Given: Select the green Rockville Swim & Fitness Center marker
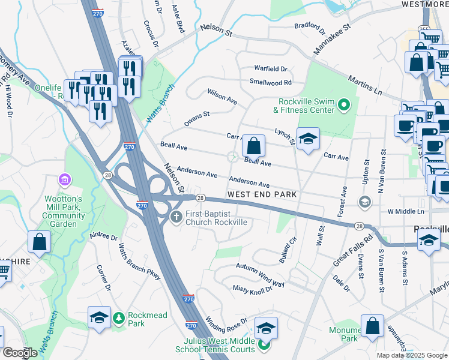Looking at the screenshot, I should click(x=344, y=106).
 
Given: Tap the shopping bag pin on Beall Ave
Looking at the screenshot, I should click(x=254, y=145).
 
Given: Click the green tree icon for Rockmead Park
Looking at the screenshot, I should click(x=119, y=316).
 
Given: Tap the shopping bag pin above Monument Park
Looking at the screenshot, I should click(x=372, y=326).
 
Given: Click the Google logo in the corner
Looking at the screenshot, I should click(x=20, y=353).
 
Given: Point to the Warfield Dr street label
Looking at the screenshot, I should click(x=271, y=69).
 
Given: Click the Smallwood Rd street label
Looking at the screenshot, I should click(x=271, y=82).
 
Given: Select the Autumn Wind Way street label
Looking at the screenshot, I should click(x=260, y=266).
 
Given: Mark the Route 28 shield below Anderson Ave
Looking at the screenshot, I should click(x=200, y=198).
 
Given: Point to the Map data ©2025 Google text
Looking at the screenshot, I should click(x=411, y=355).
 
